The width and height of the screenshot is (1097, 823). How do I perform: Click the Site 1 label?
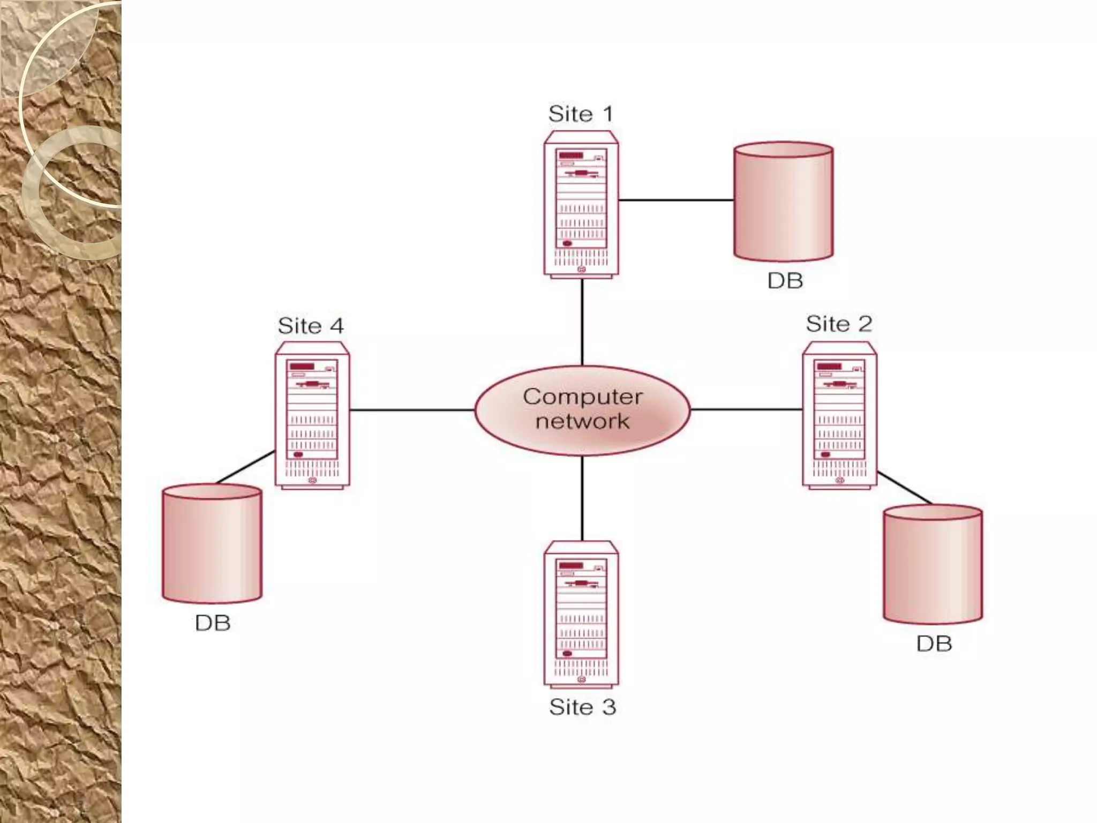tap(580, 114)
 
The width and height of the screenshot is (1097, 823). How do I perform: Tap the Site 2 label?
tap(839, 324)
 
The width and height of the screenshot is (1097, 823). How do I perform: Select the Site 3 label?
tap(582, 707)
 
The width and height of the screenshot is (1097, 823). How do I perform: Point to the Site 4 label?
tap(311, 326)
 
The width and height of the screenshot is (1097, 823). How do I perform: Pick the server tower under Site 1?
tap(581, 204)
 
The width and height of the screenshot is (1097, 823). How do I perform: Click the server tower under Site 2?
tap(839, 415)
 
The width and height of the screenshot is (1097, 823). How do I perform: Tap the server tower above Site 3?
tap(581, 613)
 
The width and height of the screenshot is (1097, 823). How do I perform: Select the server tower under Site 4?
tap(312, 415)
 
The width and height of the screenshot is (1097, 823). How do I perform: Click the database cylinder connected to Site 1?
tap(783, 201)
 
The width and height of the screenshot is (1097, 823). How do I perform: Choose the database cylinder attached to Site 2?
tap(933, 564)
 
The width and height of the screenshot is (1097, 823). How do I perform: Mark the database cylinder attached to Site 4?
tap(212, 543)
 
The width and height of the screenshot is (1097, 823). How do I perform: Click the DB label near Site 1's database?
tap(785, 281)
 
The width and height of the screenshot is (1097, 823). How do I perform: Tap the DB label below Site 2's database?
tap(934, 644)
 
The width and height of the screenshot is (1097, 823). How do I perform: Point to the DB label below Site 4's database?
tap(213, 623)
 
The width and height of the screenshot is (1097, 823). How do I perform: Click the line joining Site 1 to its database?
tap(676, 200)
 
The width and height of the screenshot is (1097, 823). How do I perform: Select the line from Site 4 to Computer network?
tap(412, 410)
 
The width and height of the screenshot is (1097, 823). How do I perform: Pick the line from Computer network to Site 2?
tap(746, 410)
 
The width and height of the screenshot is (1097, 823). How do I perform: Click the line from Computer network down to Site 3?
tap(582, 498)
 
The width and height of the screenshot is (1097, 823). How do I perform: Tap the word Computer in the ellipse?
tap(582, 397)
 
